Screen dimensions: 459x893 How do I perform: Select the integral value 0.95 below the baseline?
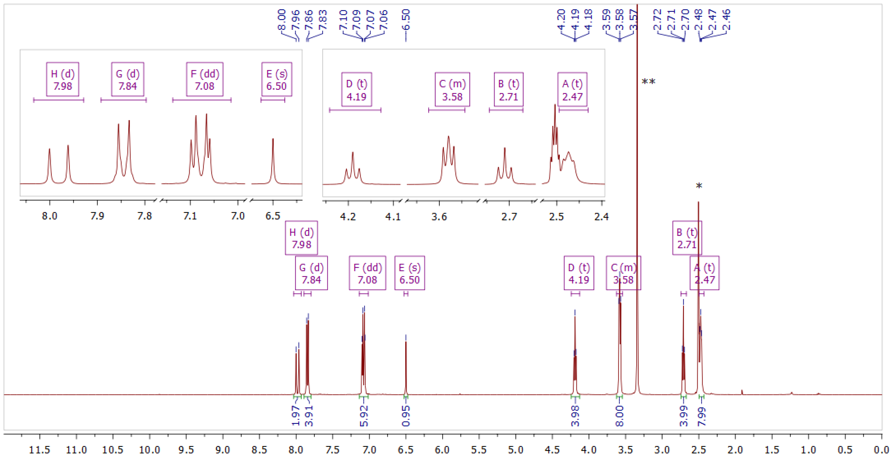point(406,416)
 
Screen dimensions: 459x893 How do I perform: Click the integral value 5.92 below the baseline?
point(364,416)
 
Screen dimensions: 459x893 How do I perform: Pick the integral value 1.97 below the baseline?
point(296,416)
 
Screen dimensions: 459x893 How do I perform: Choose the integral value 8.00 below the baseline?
point(619,416)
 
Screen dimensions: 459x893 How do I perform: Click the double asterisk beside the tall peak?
point(648,82)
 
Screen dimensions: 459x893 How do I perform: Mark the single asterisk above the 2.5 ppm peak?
point(699,186)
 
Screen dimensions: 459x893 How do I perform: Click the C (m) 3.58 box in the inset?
point(452,90)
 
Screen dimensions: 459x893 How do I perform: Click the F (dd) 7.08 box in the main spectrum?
point(367,273)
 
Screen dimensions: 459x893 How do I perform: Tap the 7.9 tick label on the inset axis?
point(97,216)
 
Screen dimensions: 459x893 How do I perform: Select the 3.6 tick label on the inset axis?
point(439,217)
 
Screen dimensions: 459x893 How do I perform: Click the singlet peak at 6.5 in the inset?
point(273,159)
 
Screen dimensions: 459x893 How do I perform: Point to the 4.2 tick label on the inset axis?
point(348,217)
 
